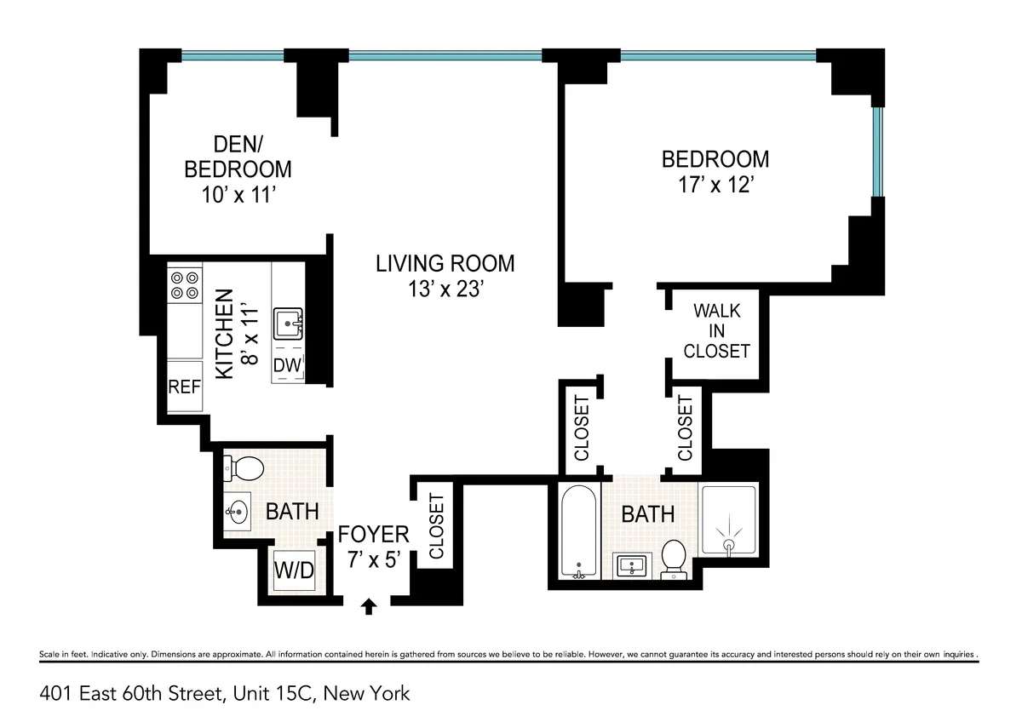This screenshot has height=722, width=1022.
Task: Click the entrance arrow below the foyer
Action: (x=369, y=605)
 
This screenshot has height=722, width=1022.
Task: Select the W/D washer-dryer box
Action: (x=293, y=570)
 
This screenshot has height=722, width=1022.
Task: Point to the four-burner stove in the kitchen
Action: (x=184, y=284)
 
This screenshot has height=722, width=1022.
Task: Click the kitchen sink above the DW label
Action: (x=287, y=325)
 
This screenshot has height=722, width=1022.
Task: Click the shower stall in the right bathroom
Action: (x=727, y=521)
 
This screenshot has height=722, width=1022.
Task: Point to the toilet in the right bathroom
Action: (x=675, y=559)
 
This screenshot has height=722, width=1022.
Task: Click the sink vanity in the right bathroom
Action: (x=632, y=564)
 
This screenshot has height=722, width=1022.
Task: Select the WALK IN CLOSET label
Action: (x=716, y=331)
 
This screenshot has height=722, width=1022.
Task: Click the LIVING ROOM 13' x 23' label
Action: (x=445, y=276)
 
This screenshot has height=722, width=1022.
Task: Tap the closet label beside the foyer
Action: (x=437, y=526)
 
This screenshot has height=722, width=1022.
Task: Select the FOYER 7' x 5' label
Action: (x=373, y=546)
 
